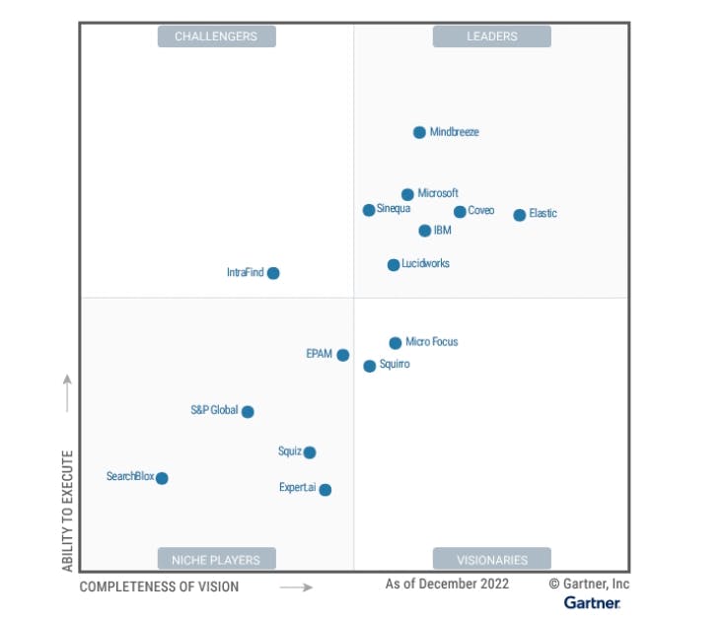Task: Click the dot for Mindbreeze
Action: [419, 132]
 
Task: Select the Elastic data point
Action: [520, 215]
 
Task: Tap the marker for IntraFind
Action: [273, 273]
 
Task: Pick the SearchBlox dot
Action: [162, 478]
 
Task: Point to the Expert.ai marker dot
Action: [326, 489]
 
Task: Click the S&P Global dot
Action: [248, 412]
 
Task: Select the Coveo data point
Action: [460, 212]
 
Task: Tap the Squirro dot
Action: [370, 366]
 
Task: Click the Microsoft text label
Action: [438, 193]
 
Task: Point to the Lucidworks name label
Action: [425, 264]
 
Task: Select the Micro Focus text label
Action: [432, 342]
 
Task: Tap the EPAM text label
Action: [320, 353]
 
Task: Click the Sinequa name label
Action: [394, 209]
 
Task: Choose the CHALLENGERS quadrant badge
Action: [216, 36]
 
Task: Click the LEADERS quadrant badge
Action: [491, 36]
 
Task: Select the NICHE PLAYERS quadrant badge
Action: [216, 559]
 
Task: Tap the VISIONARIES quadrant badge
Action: [491, 559]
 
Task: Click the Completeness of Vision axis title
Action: [159, 587]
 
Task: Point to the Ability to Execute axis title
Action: [68, 511]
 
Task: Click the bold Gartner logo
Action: [592, 602]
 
